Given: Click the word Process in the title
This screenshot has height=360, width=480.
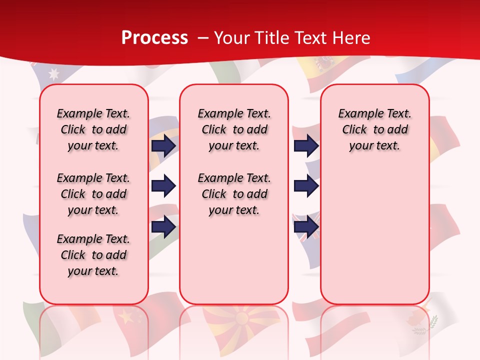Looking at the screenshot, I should pyautogui.click(x=154, y=38).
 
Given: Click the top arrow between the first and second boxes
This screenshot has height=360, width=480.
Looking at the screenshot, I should pyautogui.click(x=163, y=145).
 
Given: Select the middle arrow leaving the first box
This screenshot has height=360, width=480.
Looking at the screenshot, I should pyautogui.click(x=163, y=186).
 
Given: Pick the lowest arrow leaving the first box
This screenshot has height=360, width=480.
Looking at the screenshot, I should pyautogui.click(x=163, y=226).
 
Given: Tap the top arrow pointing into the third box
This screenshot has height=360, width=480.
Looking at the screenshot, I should pyautogui.click(x=306, y=145).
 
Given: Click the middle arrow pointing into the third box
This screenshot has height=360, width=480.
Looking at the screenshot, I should pyautogui.click(x=306, y=186).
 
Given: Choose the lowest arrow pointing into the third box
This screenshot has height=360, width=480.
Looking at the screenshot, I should pyautogui.click(x=306, y=226).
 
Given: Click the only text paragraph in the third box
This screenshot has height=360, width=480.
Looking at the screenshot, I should pyautogui.click(x=374, y=129).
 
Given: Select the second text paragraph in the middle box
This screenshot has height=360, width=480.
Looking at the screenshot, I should pyautogui.click(x=234, y=194).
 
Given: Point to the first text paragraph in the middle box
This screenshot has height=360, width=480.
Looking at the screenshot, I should pyautogui.click(x=234, y=129).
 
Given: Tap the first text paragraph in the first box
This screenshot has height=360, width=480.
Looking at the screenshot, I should pyautogui.click(x=93, y=129).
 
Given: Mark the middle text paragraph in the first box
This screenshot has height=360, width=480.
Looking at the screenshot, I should pyautogui.click(x=93, y=194).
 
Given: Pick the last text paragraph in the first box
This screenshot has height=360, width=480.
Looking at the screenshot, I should pyautogui.click(x=93, y=255).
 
